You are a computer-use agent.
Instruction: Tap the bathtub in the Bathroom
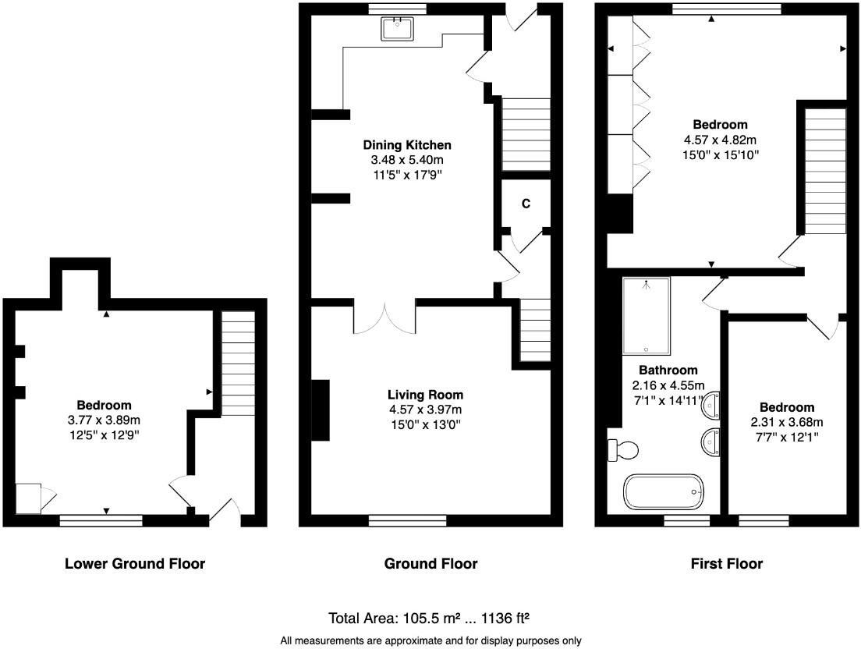(x=664, y=492)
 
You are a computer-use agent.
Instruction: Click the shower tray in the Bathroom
(x=646, y=316)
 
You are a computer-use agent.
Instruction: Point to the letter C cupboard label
(x=526, y=204)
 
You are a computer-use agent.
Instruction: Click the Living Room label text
(x=425, y=395)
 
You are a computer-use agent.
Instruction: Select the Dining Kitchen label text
(x=407, y=145)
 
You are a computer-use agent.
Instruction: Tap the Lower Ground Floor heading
(x=135, y=563)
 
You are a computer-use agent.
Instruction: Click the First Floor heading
(x=727, y=563)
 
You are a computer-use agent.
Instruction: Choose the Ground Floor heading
(x=430, y=563)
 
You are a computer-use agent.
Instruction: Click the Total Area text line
(x=430, y=619)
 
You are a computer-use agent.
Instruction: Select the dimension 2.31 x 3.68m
(x=787, y=423)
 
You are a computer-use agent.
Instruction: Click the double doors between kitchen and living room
(x=384, y=318)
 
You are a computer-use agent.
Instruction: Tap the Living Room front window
(x=407, y=520)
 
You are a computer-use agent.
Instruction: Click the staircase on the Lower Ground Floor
(x=239, y=364)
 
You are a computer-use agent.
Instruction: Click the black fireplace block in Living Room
(x=320, y=410)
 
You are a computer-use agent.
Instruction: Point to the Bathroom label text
(x=668, y=370)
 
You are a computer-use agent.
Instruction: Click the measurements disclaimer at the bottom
(x=430, y=640)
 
